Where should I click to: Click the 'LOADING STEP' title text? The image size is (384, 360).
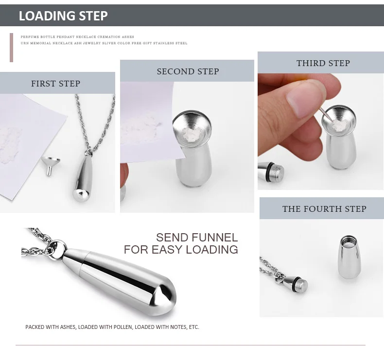[63, 16]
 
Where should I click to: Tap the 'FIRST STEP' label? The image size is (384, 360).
[55, 84]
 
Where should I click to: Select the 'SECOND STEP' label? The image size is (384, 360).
[188, 71]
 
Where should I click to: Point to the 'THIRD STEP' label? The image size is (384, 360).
[323, 63]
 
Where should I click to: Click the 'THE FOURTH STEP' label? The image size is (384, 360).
[324, 209]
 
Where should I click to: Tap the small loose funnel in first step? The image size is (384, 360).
[51, 166]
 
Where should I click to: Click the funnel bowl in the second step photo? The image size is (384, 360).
[192, 129]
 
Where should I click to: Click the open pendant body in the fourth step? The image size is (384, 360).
[350, 257]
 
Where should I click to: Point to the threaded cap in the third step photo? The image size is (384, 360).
[271, 170]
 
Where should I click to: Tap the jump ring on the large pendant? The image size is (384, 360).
[57, 248]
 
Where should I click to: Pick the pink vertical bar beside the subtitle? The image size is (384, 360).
[11, 48]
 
